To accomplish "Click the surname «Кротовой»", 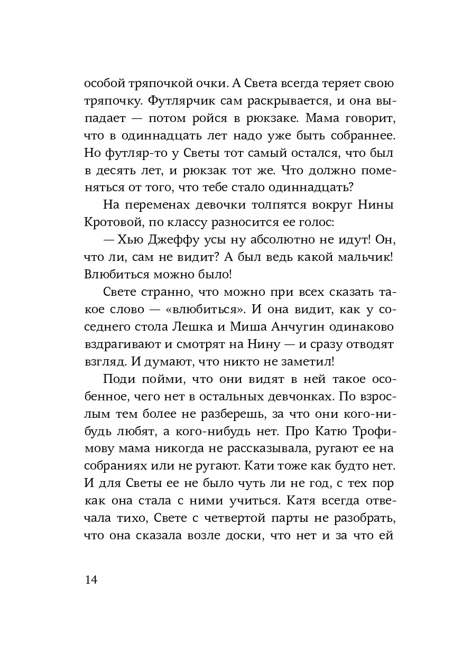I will pyautogui.click(x=110, y=223).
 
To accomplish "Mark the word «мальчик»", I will pyautogui.click(x=365, y=258).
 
